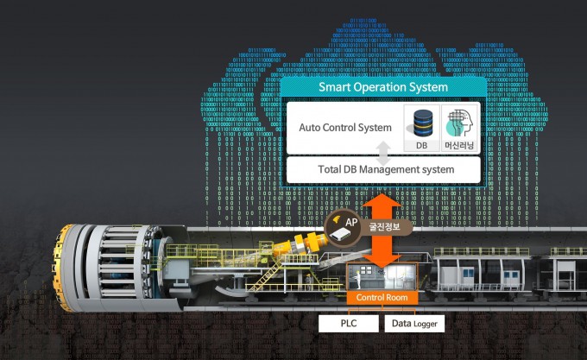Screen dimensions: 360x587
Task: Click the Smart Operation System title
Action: pos(382,87)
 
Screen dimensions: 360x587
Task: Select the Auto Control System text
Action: pos(344,128)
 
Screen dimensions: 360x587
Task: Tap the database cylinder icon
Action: pos(422,121)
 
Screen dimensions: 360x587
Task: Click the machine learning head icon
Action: pos(458,122)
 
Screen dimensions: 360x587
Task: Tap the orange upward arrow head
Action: pos(382,203)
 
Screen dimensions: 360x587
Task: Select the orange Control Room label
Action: pos(382,298)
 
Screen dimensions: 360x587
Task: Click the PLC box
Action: pos(349,324)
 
